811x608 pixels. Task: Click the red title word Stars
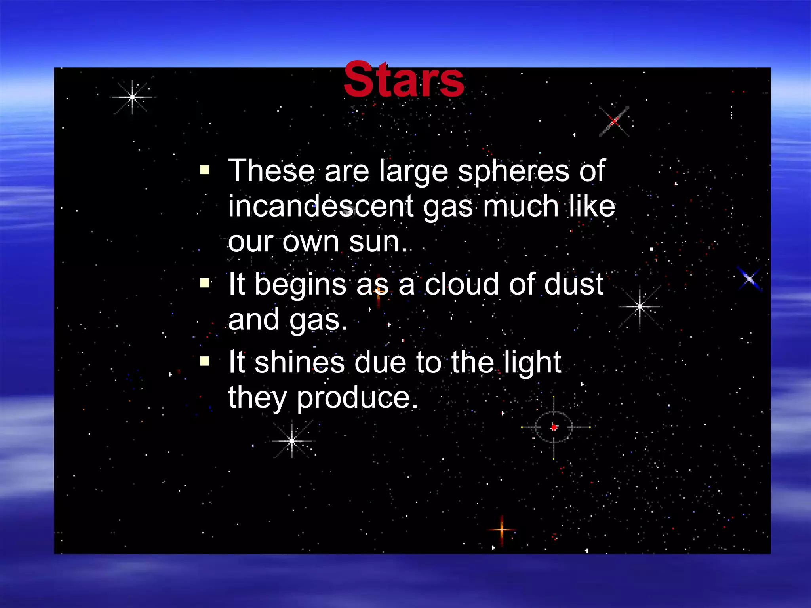[404, 80]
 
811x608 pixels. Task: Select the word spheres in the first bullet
[513, 171]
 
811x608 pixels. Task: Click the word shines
[299, 362]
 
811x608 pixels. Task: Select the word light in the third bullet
[532, 362]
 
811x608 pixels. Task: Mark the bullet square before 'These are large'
[205, 170]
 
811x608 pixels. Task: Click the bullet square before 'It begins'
[205, 283]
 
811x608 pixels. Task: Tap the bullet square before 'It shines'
[205, 361]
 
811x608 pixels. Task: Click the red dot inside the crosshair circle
[554, 427]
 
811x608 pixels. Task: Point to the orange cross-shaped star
[502, 529]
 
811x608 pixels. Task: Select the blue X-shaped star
[749, 279]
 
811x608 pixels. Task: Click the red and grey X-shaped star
[614, 122]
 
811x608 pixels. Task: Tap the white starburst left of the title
[132, 97]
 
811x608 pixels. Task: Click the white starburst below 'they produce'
[292, 440]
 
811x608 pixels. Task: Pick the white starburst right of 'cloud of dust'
[640, 306]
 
